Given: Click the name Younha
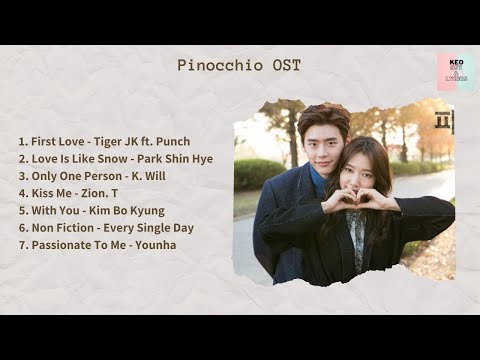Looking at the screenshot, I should [157, 245].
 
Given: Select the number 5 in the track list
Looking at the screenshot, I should [23, 210].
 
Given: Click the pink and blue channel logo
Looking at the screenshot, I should [455, 72].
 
